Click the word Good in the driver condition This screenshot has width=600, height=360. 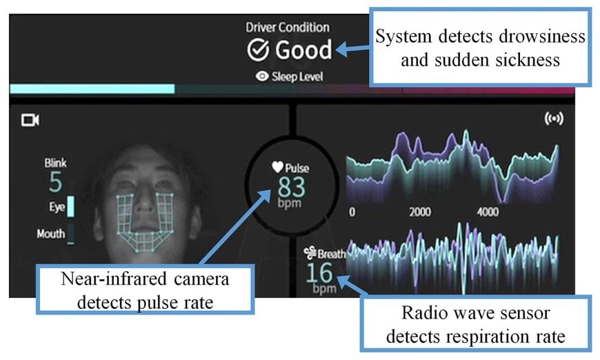point(303,50)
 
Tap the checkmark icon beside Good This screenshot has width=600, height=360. point(258,50)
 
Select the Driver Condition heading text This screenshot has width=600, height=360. point(288,28)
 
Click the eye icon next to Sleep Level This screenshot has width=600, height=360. point(262,76)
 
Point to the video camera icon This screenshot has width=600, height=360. point(30,120)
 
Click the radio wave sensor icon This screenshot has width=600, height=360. point(554,119)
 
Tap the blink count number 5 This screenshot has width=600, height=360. point(55,181)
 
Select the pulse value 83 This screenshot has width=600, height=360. point(292,187)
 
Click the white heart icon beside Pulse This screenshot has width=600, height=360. point(277,167)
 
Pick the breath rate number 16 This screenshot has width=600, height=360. point(319,273)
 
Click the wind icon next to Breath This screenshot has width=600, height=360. point(310,253)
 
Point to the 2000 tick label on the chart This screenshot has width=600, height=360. point(420,212)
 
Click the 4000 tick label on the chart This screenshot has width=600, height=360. point(488,212)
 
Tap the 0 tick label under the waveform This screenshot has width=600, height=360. point(352,212)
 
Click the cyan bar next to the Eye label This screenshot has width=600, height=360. point(71,207)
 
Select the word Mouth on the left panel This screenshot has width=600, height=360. point(51,233)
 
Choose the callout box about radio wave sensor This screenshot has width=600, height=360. point(476,323)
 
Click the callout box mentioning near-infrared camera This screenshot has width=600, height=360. point(145,290)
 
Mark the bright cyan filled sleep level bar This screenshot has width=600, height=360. point(92,89)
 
